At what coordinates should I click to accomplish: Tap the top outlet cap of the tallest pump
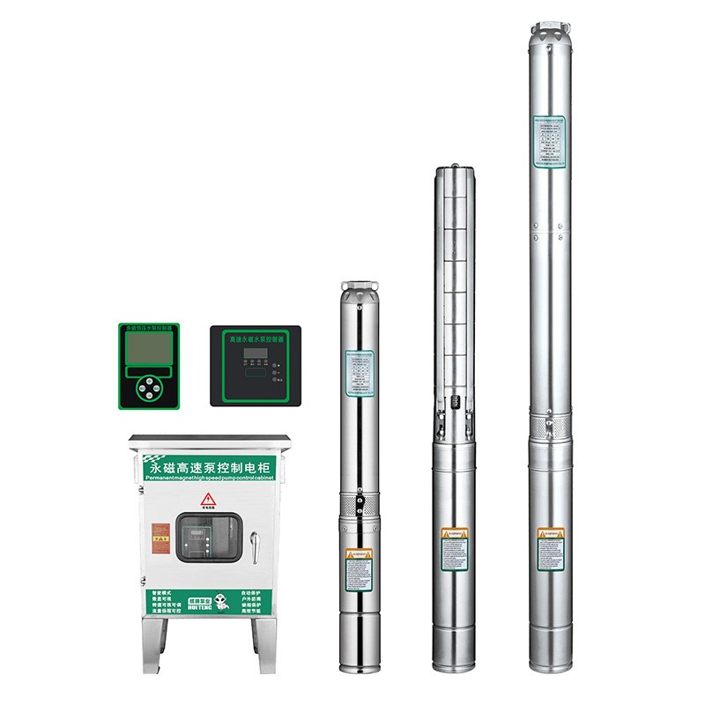tap(551, 31)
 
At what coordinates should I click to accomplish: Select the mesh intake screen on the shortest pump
tap(359, 504)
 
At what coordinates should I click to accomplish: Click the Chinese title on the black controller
tap(256, 338)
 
